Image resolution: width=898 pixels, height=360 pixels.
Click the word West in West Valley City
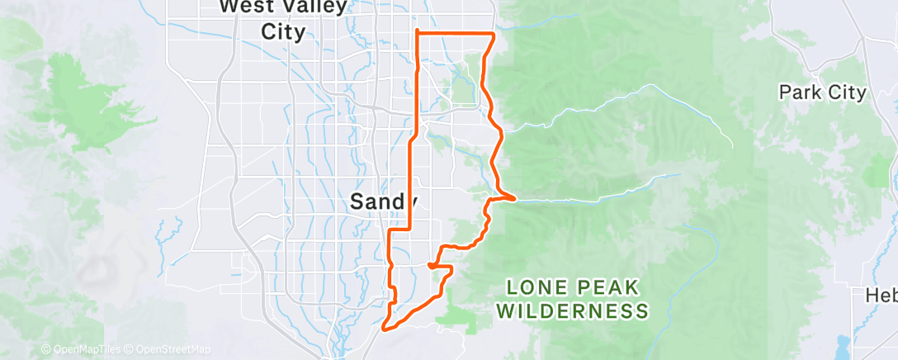248,7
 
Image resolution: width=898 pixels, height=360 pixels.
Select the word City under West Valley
283,32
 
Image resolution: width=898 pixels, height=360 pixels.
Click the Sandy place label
384,201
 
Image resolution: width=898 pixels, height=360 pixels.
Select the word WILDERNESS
574,311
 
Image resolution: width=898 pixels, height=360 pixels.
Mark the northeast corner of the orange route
494,34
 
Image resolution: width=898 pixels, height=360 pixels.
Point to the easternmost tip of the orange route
516,199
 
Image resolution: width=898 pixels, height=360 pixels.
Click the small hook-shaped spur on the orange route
432,266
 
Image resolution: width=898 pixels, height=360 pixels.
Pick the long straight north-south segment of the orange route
411,182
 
